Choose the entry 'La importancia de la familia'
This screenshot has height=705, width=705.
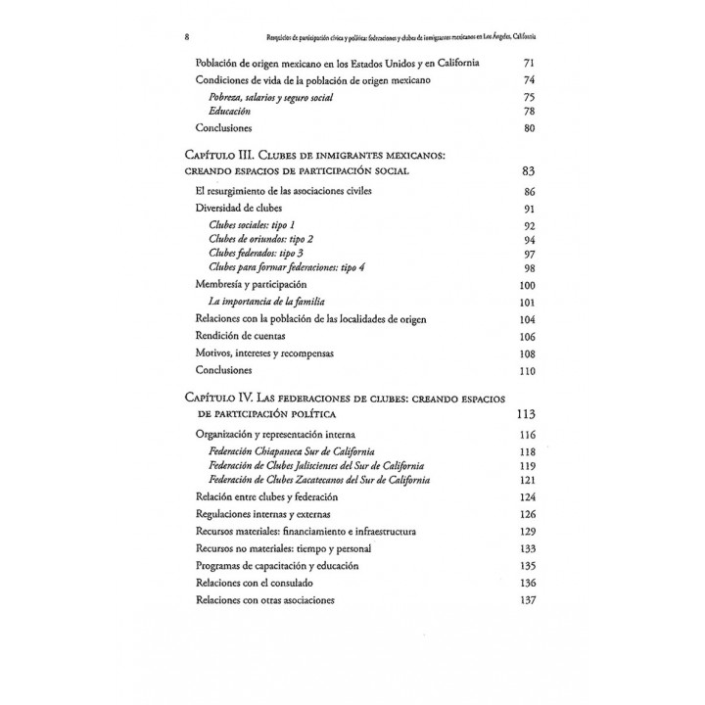coord(265,302)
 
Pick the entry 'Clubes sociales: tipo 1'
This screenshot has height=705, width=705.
coord(252,225)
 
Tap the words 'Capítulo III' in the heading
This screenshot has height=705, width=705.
coord(215,154)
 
